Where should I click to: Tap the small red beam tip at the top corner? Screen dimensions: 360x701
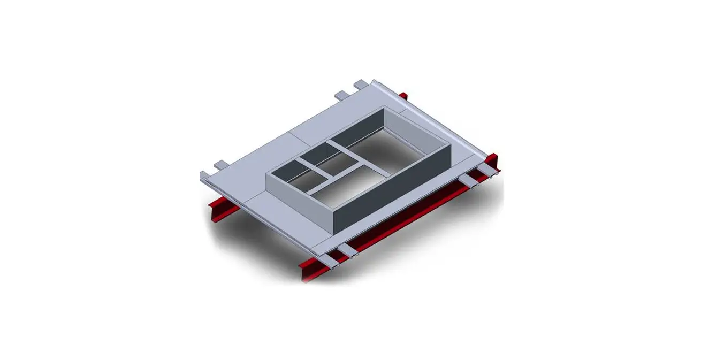pos(403,96)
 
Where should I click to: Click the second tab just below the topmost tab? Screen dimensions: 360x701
pos(342,96)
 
